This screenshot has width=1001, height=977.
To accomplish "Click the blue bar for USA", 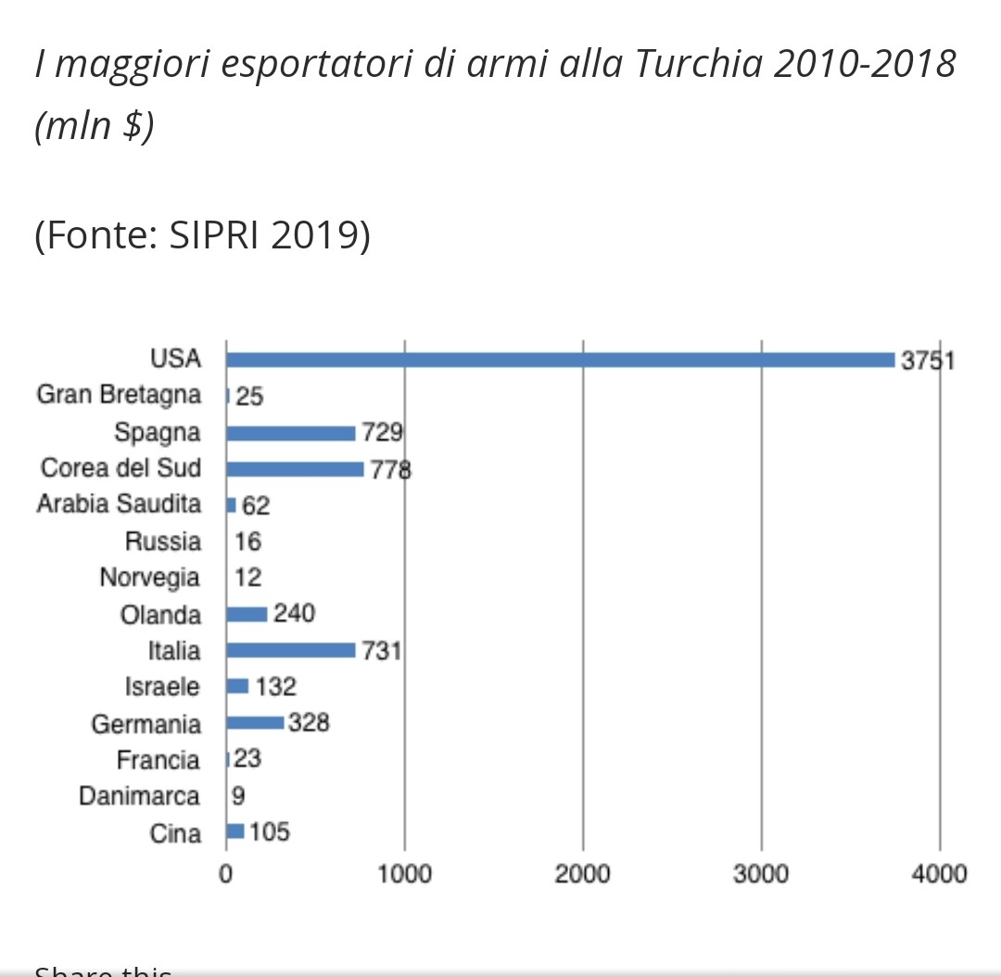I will point(560,360).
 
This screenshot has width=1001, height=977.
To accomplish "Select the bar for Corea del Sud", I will point(295,469).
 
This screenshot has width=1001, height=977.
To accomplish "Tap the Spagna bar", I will point(290,433).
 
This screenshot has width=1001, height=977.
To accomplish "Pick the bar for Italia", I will point(290,650).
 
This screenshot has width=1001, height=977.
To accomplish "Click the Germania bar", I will point(255,723).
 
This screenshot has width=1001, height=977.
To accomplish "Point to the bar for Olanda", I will point(247,614).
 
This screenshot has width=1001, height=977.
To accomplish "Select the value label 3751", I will point(928,360).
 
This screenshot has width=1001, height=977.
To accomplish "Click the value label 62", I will point(256,506).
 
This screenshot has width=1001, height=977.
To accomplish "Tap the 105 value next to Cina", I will point(270,831).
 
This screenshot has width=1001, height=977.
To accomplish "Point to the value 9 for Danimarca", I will point(238,796).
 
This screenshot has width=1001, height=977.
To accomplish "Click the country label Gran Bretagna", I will point(119,396).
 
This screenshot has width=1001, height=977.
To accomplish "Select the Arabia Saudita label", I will point(119,504).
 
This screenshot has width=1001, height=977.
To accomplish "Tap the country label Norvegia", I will point(149,577).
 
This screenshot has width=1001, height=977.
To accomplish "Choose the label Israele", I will point(162,687).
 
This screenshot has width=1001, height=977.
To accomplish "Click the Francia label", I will point(158,760).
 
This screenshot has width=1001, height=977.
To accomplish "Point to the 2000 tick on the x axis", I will point(582,874).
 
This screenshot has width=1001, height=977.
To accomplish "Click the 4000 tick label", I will point(939,874).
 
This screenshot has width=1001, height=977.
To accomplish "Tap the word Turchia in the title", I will point(707,65).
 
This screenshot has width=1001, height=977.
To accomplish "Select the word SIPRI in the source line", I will point(214,235).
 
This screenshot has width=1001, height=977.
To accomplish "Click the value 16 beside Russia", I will point(247,541).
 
